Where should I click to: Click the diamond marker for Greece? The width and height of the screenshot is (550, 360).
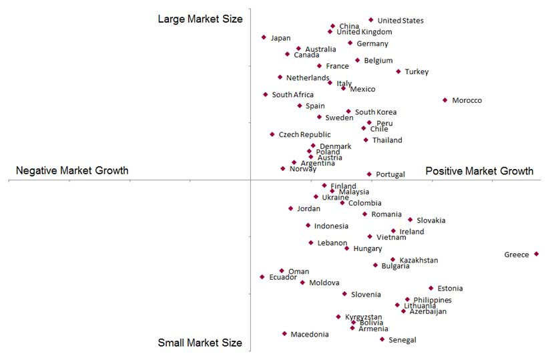tap(536, 254)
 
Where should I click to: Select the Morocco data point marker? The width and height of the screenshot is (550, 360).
tap(445, 100)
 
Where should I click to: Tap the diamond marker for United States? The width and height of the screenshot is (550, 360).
tap(371, 20)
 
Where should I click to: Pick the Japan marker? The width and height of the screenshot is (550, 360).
tap(264, 37)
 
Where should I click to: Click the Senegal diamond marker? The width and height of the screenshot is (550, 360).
tap(382, 339)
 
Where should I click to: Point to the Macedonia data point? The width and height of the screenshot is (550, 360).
tap(284, 333)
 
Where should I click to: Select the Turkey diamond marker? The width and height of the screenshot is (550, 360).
tap(398, 71)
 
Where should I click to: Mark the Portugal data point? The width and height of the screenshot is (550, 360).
tap(369, 174)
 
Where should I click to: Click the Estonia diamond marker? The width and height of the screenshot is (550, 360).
tap(431, 289)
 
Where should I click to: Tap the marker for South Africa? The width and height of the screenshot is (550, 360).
tap(265, 95)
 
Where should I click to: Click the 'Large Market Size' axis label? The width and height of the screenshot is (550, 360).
tap(200, 19)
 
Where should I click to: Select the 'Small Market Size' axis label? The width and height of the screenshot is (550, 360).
tap(200, 343)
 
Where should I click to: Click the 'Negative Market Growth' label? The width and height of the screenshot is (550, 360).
tap(72, 171)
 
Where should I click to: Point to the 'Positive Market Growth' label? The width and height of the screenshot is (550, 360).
tap(479, 171)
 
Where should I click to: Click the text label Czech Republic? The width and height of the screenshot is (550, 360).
tap(304, 135)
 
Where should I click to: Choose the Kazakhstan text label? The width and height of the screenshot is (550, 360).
tap(419, 260)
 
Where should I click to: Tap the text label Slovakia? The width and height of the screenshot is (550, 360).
tap(431, 220)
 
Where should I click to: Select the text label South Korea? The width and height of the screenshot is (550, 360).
tap(376, 112)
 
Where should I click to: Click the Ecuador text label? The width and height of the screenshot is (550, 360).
tap(283, 277)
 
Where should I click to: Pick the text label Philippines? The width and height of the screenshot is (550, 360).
tap(433, 300)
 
